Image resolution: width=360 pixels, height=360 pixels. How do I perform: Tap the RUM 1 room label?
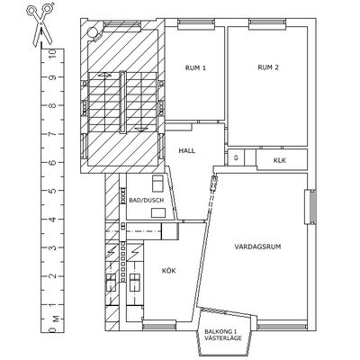(195, 67)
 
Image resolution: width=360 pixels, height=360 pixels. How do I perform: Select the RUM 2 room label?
(268, 67)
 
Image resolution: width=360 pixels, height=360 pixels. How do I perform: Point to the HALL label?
(187, 150)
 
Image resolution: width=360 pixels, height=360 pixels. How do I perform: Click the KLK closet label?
(280, 160)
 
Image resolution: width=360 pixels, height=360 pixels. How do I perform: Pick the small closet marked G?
(236, 157)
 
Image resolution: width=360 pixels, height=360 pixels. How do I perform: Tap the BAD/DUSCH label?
(147, 201)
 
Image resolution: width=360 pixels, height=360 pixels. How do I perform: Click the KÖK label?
(168, 271)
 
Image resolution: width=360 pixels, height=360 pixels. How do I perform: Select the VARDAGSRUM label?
(257, 247)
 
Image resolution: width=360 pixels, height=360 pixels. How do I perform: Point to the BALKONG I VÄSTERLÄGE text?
(223, 335)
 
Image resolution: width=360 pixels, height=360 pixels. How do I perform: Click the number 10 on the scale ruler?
(52, 53)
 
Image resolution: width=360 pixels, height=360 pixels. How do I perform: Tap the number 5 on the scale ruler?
(52, 191)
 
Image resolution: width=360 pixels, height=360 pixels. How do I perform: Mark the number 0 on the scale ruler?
(52, 330)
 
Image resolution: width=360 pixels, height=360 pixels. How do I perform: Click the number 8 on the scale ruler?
(52, 105)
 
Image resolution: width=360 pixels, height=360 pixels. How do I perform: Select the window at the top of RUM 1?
(195, 24)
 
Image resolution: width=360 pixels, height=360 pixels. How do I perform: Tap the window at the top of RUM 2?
(266, 24)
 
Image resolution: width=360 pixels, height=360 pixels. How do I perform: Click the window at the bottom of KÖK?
(159, 325)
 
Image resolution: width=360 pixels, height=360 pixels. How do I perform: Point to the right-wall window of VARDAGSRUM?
(310, 206)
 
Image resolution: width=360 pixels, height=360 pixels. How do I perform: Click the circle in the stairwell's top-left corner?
(93, 31)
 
